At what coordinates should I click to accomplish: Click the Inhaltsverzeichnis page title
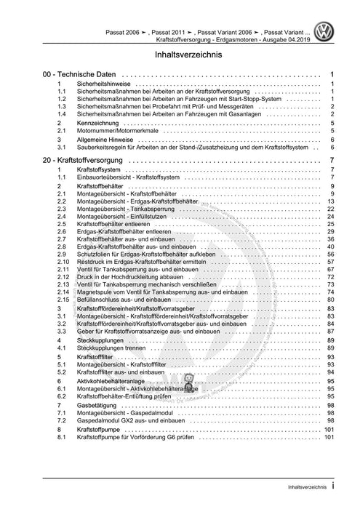179,55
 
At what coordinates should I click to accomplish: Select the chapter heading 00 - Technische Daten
80,75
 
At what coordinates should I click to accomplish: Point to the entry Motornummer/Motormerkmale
117,132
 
